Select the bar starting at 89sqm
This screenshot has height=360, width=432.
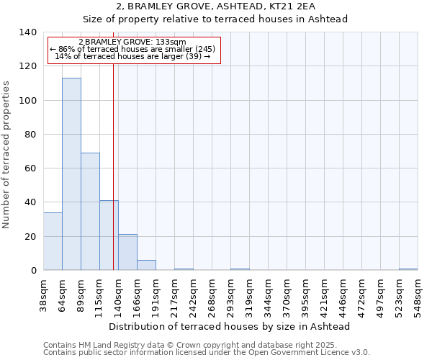coord(90,212)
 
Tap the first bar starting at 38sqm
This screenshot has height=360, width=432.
coord(53,241)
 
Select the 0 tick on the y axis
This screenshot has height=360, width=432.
coord(33,271)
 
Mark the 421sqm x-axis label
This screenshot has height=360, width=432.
coord(325,294)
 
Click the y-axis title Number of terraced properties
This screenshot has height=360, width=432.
coord(7,154)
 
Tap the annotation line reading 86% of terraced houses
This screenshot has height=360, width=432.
coord(133,49)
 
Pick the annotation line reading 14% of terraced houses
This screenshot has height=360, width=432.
coord(133,56)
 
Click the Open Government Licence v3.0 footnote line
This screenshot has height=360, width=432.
coord(207,353)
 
